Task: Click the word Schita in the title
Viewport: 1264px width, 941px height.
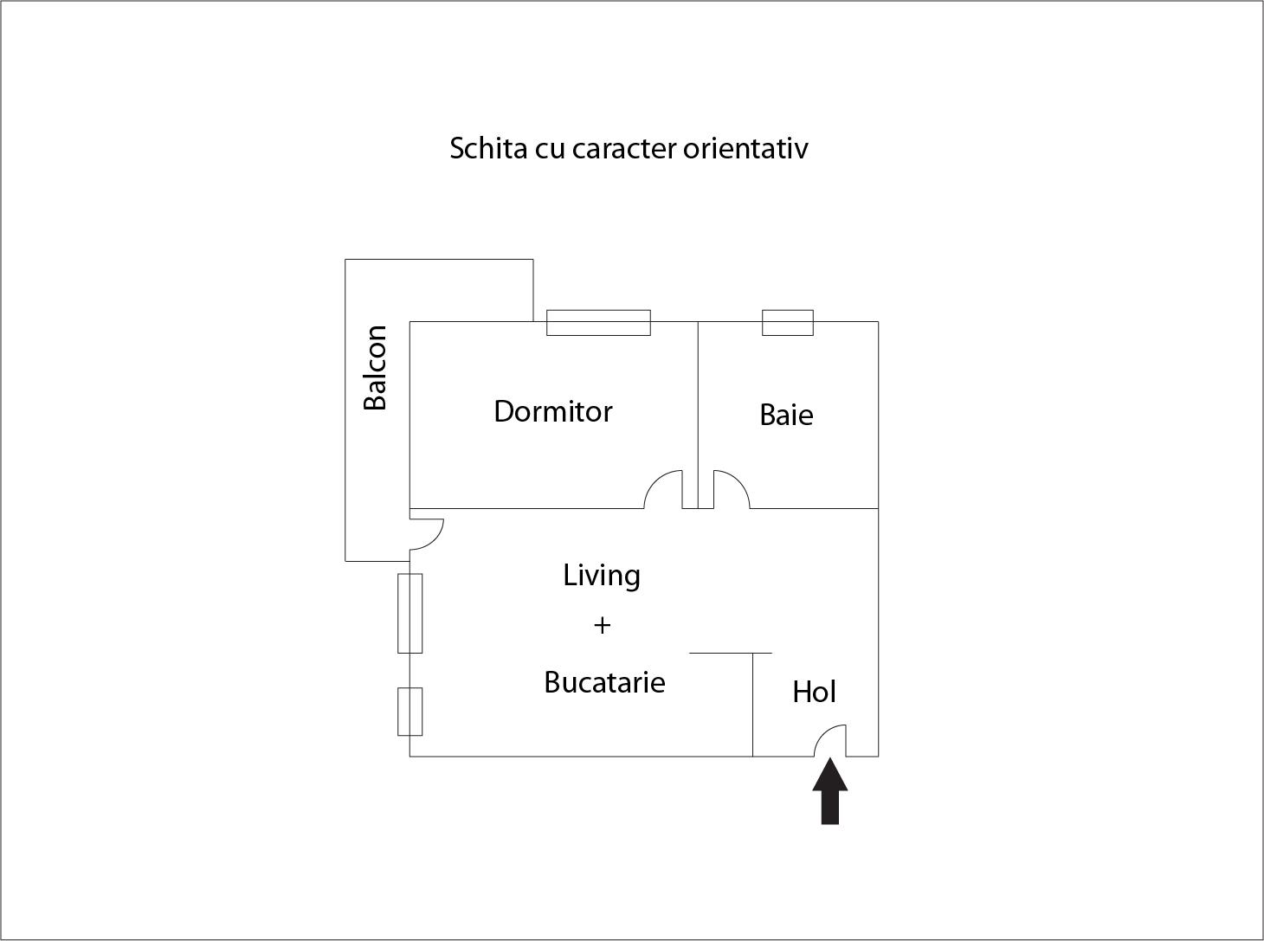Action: (488, 148)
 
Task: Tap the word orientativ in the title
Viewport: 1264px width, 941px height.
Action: (745, 148)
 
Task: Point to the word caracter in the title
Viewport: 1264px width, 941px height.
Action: (624, 149)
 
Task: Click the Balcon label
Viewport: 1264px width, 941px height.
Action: (376, 368)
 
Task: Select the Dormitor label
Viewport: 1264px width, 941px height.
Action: (553, 411)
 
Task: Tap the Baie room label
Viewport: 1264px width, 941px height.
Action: (786, 415)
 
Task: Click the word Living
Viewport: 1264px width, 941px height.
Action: (602, 577)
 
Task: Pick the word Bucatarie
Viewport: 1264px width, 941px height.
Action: (604, 682)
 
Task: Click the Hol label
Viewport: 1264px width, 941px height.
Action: (815, 692)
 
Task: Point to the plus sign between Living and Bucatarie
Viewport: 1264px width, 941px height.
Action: (603, 626)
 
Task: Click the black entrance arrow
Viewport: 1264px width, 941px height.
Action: (829, 792)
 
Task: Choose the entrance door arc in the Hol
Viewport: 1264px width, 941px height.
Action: (822, 735)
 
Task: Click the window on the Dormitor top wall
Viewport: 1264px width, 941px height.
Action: (598, 323)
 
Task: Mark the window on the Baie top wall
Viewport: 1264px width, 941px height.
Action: (788, 323)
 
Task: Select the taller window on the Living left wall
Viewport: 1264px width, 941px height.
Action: (410, 613)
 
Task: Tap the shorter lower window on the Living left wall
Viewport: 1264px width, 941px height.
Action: (410, 712)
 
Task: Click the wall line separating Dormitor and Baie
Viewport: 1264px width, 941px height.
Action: (698, 415)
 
